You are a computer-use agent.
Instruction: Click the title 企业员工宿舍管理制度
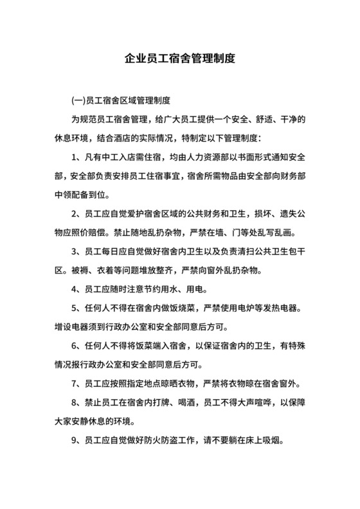pos(180,59)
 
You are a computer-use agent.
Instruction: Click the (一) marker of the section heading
pos(77,101)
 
